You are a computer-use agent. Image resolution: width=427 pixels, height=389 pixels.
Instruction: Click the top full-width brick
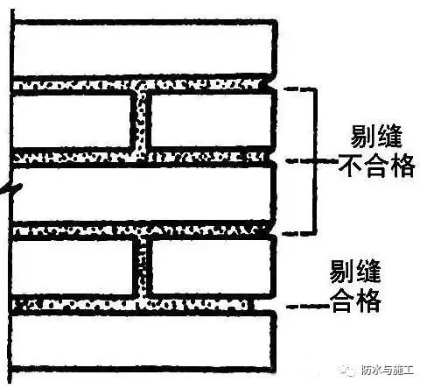[x=143, y=48]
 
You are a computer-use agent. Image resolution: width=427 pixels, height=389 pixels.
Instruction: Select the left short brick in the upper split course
[x=72, y=120]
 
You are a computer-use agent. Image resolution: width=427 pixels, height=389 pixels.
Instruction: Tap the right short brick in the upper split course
[x=212, y=120]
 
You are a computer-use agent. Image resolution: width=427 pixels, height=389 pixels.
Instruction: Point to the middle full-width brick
[x=143, y=194]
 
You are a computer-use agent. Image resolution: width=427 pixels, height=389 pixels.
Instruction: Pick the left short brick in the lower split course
[x=73, y=266]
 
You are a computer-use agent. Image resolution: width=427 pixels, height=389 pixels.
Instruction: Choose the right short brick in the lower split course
[x=212, y=265]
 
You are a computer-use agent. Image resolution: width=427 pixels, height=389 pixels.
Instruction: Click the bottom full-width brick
[x=143, y=341]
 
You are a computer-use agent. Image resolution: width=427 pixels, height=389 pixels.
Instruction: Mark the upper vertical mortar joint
[x=141, y=121]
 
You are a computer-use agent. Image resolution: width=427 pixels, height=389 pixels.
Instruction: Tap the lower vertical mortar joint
[x=143, y=266]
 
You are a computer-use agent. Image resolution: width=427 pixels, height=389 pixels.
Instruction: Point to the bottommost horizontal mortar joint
[x=131, y=305]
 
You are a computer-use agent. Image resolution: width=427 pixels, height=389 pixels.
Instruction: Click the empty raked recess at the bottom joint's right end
[x=264, y=305]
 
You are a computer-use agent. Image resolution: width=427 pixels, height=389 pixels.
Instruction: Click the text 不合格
[x=376, y=166]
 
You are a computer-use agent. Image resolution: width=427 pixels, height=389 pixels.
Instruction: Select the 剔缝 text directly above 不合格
[x=376, y=136]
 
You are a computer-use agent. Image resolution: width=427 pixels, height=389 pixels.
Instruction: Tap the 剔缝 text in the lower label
[x=355, y=271]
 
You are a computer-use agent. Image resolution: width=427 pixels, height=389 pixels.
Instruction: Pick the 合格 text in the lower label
[x=355, y=301]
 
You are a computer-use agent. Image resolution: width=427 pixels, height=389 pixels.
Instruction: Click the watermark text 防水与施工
[x=388, y=371]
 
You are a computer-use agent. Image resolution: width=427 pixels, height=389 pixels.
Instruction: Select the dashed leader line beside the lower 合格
[x=308, y=306]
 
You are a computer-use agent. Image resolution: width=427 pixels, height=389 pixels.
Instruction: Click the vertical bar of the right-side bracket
[x=315, y=160]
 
